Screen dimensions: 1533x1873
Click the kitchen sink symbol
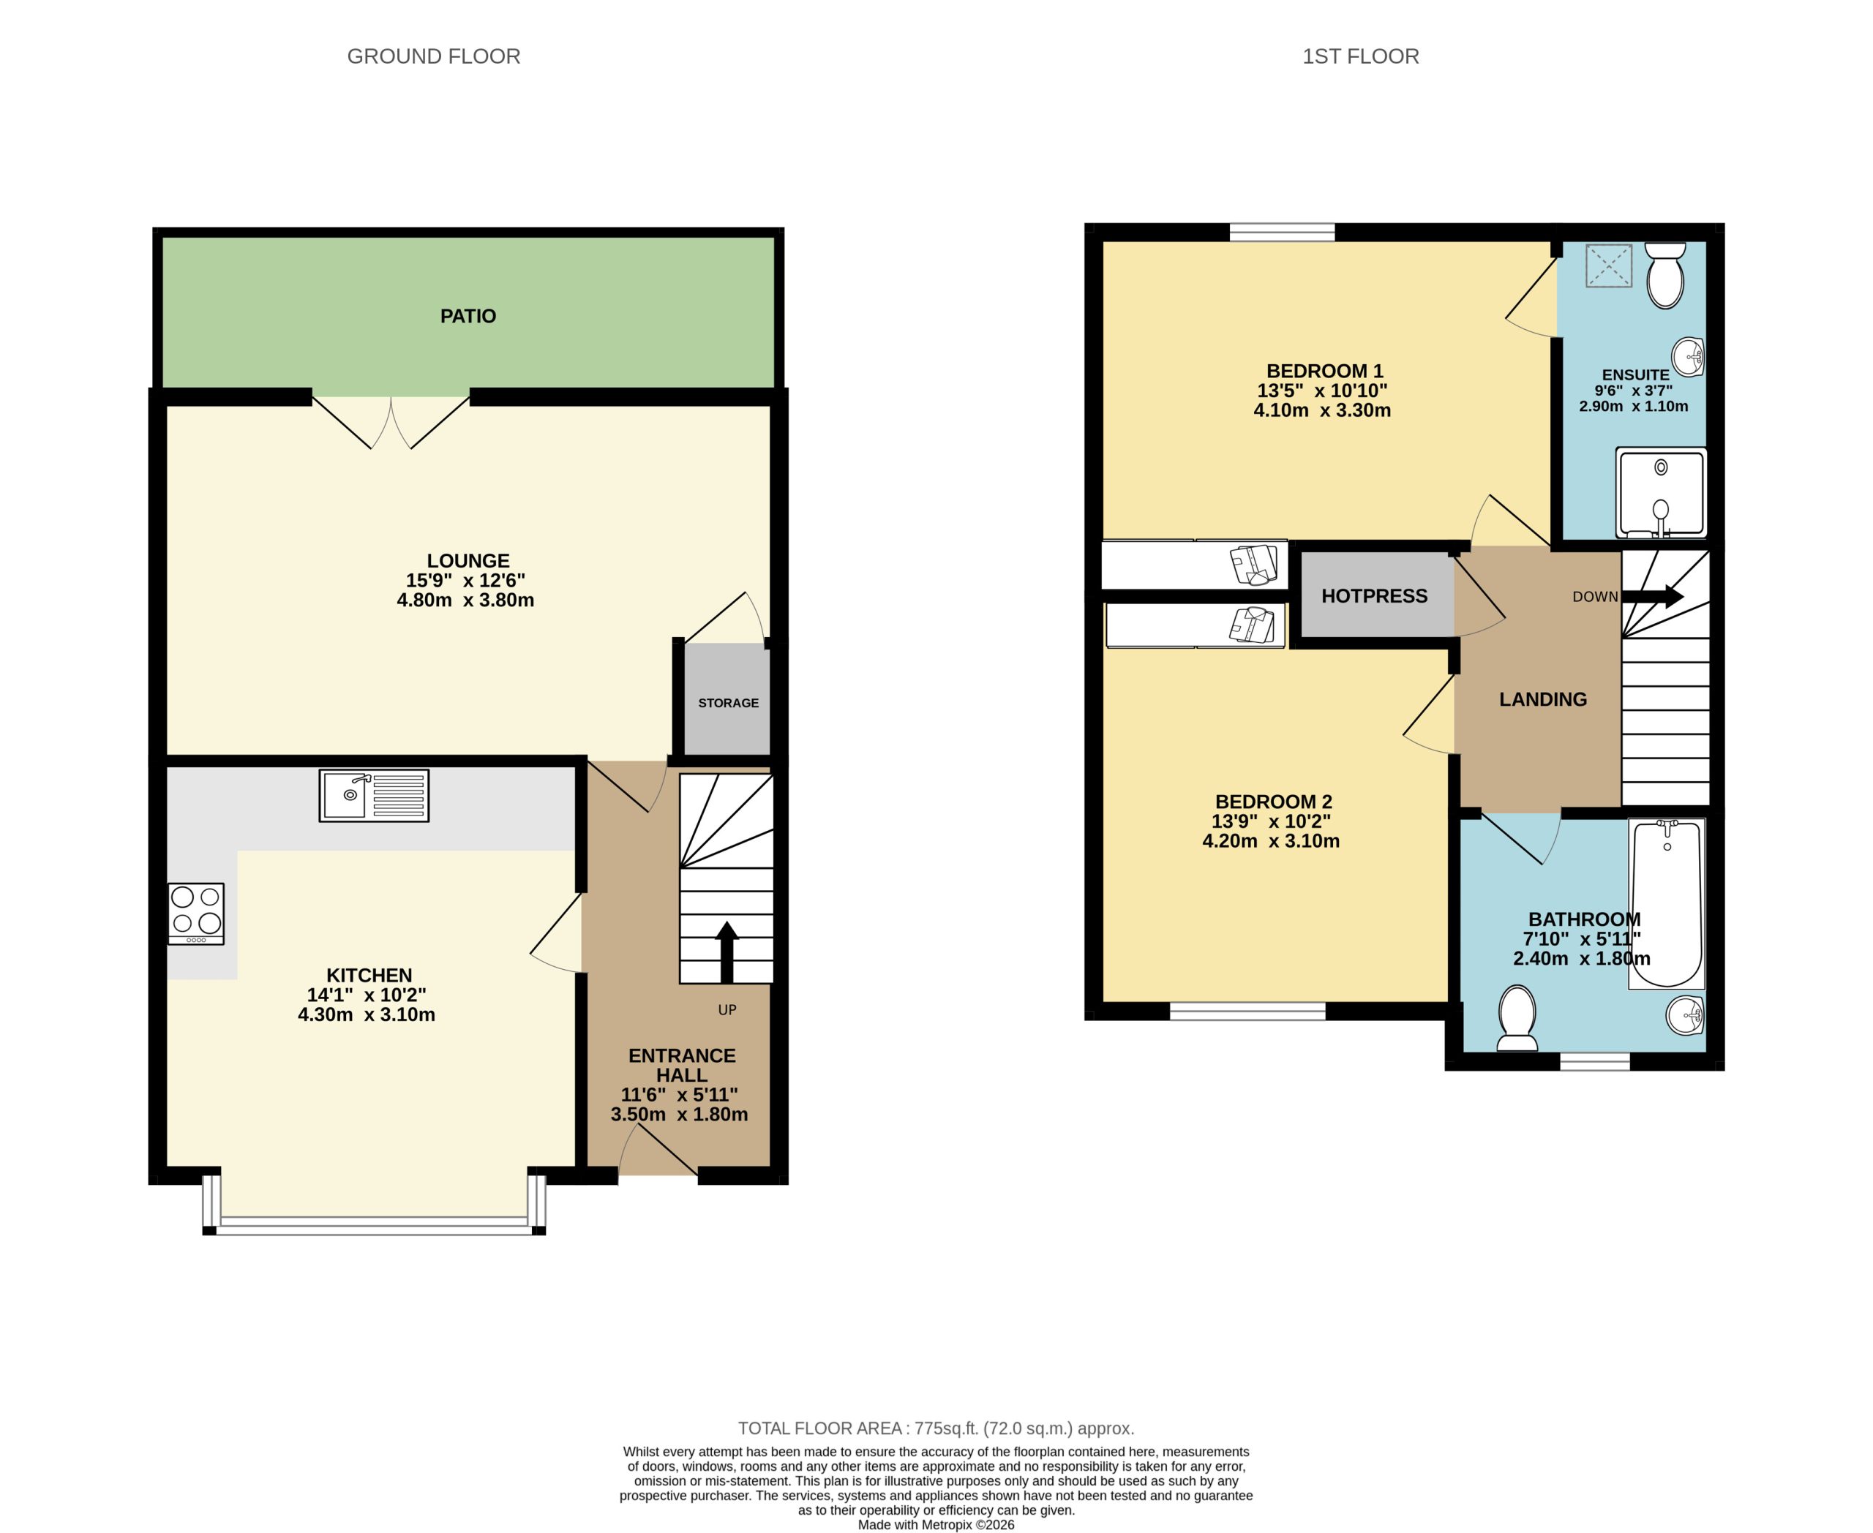374,795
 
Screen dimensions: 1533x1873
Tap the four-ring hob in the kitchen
196,914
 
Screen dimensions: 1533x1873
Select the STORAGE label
728,703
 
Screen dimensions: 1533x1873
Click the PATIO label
468,316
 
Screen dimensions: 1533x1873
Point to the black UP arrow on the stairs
727,952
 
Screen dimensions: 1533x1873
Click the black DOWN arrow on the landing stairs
1652,596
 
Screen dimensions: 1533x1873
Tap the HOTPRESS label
1374,596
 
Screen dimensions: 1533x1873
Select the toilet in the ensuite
1664,276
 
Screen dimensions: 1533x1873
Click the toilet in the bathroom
1517,1018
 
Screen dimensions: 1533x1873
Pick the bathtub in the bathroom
1666,903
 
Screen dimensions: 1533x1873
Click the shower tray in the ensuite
1660,493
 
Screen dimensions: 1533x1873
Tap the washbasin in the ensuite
1687,358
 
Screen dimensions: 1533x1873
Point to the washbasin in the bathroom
1685,1015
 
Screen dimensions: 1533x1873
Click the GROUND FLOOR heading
433,56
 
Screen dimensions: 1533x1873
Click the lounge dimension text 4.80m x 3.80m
465,600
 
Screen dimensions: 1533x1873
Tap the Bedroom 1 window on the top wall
1281,233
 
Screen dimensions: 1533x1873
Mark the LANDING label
1542,699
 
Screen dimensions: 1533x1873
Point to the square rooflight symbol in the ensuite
1608,265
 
